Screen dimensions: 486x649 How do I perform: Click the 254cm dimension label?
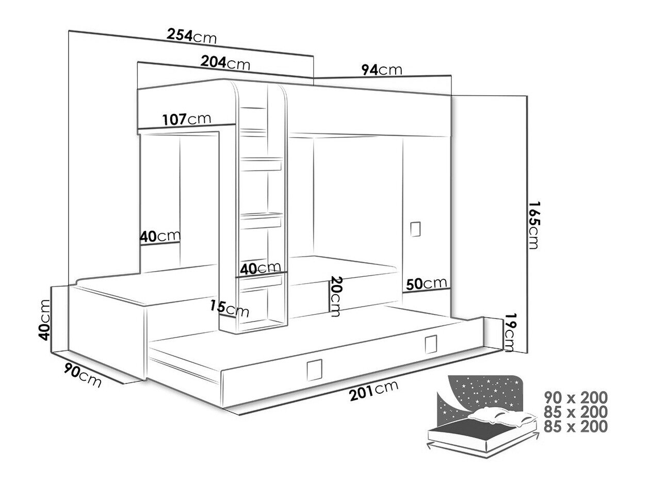point(191,36)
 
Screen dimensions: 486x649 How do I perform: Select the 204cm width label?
point(225,63)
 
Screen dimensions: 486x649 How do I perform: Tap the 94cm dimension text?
point(381,70)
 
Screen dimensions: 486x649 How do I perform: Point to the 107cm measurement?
point(186,119)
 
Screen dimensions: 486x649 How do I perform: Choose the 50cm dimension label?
point(426,283)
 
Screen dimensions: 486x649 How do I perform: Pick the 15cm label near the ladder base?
point(230,308)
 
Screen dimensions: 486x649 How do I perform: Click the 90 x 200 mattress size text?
point(576,397)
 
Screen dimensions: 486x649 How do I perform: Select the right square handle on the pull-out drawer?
point(430,342)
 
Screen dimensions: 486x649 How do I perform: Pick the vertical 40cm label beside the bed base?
point(45,320)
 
